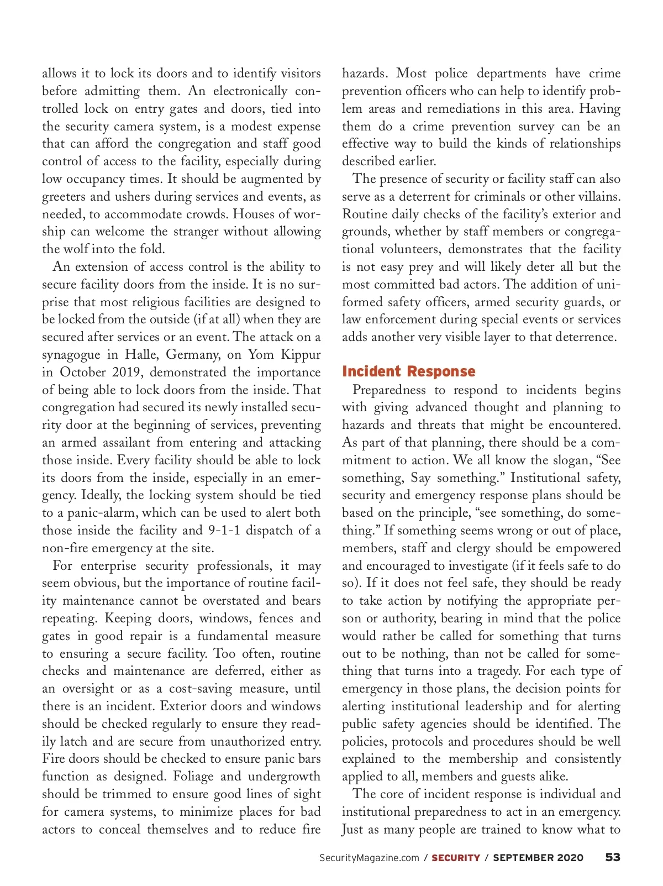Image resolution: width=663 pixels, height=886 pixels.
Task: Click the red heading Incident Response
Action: pos(408,371)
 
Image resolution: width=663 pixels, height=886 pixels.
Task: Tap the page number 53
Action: pos(613,857)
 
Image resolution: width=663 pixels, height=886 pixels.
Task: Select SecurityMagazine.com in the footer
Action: pos(369,858)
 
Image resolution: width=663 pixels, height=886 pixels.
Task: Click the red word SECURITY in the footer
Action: pos(456,858)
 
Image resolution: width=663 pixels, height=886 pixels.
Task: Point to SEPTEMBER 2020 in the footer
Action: pos(538,858)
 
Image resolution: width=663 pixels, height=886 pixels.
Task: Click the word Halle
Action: pos(141,354)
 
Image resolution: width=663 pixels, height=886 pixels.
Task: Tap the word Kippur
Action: pos(301,354)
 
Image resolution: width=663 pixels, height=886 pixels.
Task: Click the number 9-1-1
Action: pos(224,530)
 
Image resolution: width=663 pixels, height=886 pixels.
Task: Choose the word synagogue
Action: pos(71,355)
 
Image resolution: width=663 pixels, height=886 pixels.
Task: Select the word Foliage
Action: pos(193,776)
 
